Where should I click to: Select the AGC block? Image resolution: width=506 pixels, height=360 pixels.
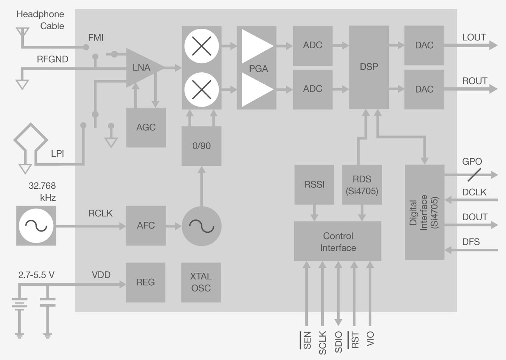click(146, 127)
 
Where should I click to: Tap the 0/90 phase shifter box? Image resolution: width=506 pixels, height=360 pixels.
click(201, 146)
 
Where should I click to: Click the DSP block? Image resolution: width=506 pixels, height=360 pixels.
click(369, 67)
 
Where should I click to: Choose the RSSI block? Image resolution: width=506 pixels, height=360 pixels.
click(314, 184)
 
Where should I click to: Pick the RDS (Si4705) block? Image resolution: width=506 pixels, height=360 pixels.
click(362, 184)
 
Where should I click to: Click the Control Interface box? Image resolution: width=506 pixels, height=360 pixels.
click(337, 241)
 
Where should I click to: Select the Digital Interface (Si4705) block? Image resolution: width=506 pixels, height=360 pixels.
click(424, 212)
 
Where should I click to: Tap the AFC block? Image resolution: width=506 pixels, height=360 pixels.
click(146, 225)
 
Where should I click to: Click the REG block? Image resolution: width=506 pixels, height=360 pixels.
click(146, 282)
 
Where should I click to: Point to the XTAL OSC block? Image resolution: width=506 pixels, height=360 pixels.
click(201, 282)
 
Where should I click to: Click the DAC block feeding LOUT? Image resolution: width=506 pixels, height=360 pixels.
click(424, 45)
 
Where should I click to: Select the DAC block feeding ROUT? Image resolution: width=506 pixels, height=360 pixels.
click(424, 89)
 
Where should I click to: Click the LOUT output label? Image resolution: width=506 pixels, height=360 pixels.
click(474, 37)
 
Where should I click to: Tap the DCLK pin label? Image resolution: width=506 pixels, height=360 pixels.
click(474, 192)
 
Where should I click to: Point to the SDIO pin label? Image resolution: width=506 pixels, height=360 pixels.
click(339, 342)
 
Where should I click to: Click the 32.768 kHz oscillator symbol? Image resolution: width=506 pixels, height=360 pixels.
click(36, 226)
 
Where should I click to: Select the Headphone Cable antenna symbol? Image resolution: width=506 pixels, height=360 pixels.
click(22, 33)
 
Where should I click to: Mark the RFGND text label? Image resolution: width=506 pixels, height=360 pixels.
click(53, 59)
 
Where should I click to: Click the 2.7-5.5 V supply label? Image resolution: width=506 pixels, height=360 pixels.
click(36, 275)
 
